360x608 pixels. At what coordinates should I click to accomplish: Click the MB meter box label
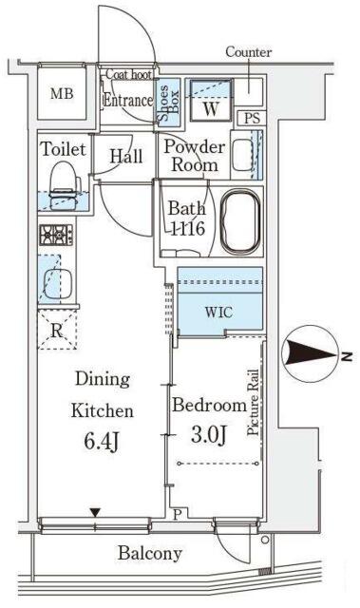coord(62,93)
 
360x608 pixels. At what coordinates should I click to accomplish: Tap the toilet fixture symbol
coord(64,186)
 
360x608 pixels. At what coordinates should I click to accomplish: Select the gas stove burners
coord(56,235)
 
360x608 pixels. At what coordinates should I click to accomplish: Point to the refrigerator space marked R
coord(57,331)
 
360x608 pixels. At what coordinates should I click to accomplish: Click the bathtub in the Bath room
coord(240,222)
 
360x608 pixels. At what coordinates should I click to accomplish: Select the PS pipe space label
coord(252,118)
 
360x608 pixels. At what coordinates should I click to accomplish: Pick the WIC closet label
coord(219,312)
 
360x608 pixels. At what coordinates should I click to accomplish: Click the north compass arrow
coord(313,354)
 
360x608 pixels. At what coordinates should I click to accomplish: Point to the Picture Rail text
coord(253,402)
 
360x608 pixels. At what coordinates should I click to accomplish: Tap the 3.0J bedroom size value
coord(208,434)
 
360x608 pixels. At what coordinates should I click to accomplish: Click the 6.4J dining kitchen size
coord(102,441)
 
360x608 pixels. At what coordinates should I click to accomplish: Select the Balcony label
coord(150,553)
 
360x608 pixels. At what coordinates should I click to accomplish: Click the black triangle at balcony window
coord(95,513)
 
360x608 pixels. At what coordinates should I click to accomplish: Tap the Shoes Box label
coord(168,103)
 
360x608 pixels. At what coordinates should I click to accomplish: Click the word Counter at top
coord(249,52)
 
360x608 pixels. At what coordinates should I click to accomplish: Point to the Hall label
coord(126,156)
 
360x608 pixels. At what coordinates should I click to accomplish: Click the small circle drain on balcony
coord(265,540)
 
